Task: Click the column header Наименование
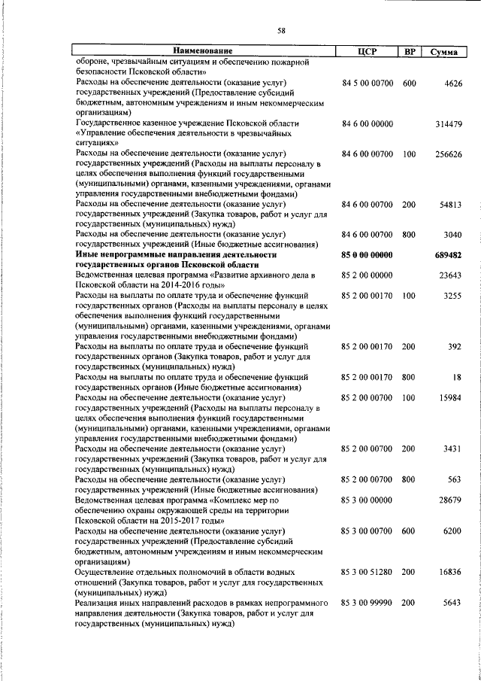(x=204, y=51)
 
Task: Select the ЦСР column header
(x=367, y=51)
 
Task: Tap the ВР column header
(x=410, y=51)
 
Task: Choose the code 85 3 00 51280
(x=367, y=572)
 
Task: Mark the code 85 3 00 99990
(x=367, y=603)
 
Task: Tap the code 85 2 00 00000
(x=367, y=275)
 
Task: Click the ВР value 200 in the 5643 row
(x=410, y=603)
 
